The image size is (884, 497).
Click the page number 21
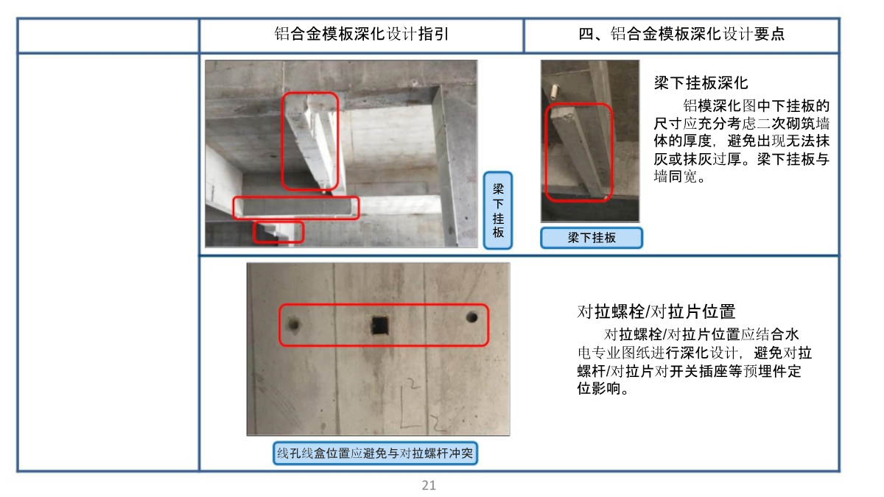[x=429, y=484]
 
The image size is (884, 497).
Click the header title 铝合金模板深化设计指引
[x=362, y=34]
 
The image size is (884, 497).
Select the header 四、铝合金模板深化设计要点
[x=681, y=34]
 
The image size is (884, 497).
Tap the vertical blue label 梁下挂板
[x=498, y=211]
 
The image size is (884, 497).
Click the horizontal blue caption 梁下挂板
[x=592, y=238]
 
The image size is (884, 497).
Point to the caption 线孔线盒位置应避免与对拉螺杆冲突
[x=375, y=454]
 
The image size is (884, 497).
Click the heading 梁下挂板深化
[x=701, y=83]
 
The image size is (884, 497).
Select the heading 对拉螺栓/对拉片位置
[x=656, y=311]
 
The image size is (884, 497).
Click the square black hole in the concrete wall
[x=380, y=325]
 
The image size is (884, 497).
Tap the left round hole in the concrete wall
[x=293, y=324]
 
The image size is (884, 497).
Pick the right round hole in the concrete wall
[x=471, y=317]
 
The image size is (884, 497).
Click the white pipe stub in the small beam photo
[x=555, y=92]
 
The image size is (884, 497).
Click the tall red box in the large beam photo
[x=283, y=141]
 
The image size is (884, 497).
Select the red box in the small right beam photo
[x=546, y=153]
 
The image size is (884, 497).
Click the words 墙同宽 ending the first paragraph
[x=676, y=176]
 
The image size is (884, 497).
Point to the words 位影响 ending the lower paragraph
[x=598, y=389]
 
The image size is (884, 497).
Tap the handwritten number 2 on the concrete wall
[x=413, y=384]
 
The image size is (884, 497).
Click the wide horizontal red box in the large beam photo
[x=296, y=197]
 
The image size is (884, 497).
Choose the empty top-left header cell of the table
[x=108, y=35]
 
